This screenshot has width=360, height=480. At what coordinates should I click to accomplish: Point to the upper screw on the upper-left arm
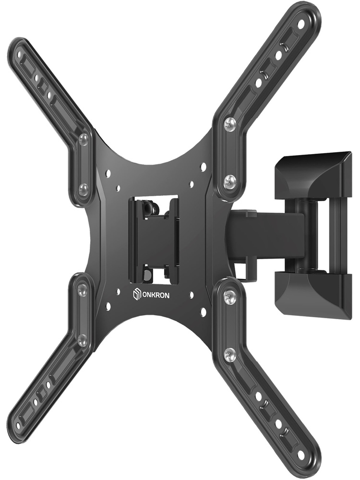(83, 139)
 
